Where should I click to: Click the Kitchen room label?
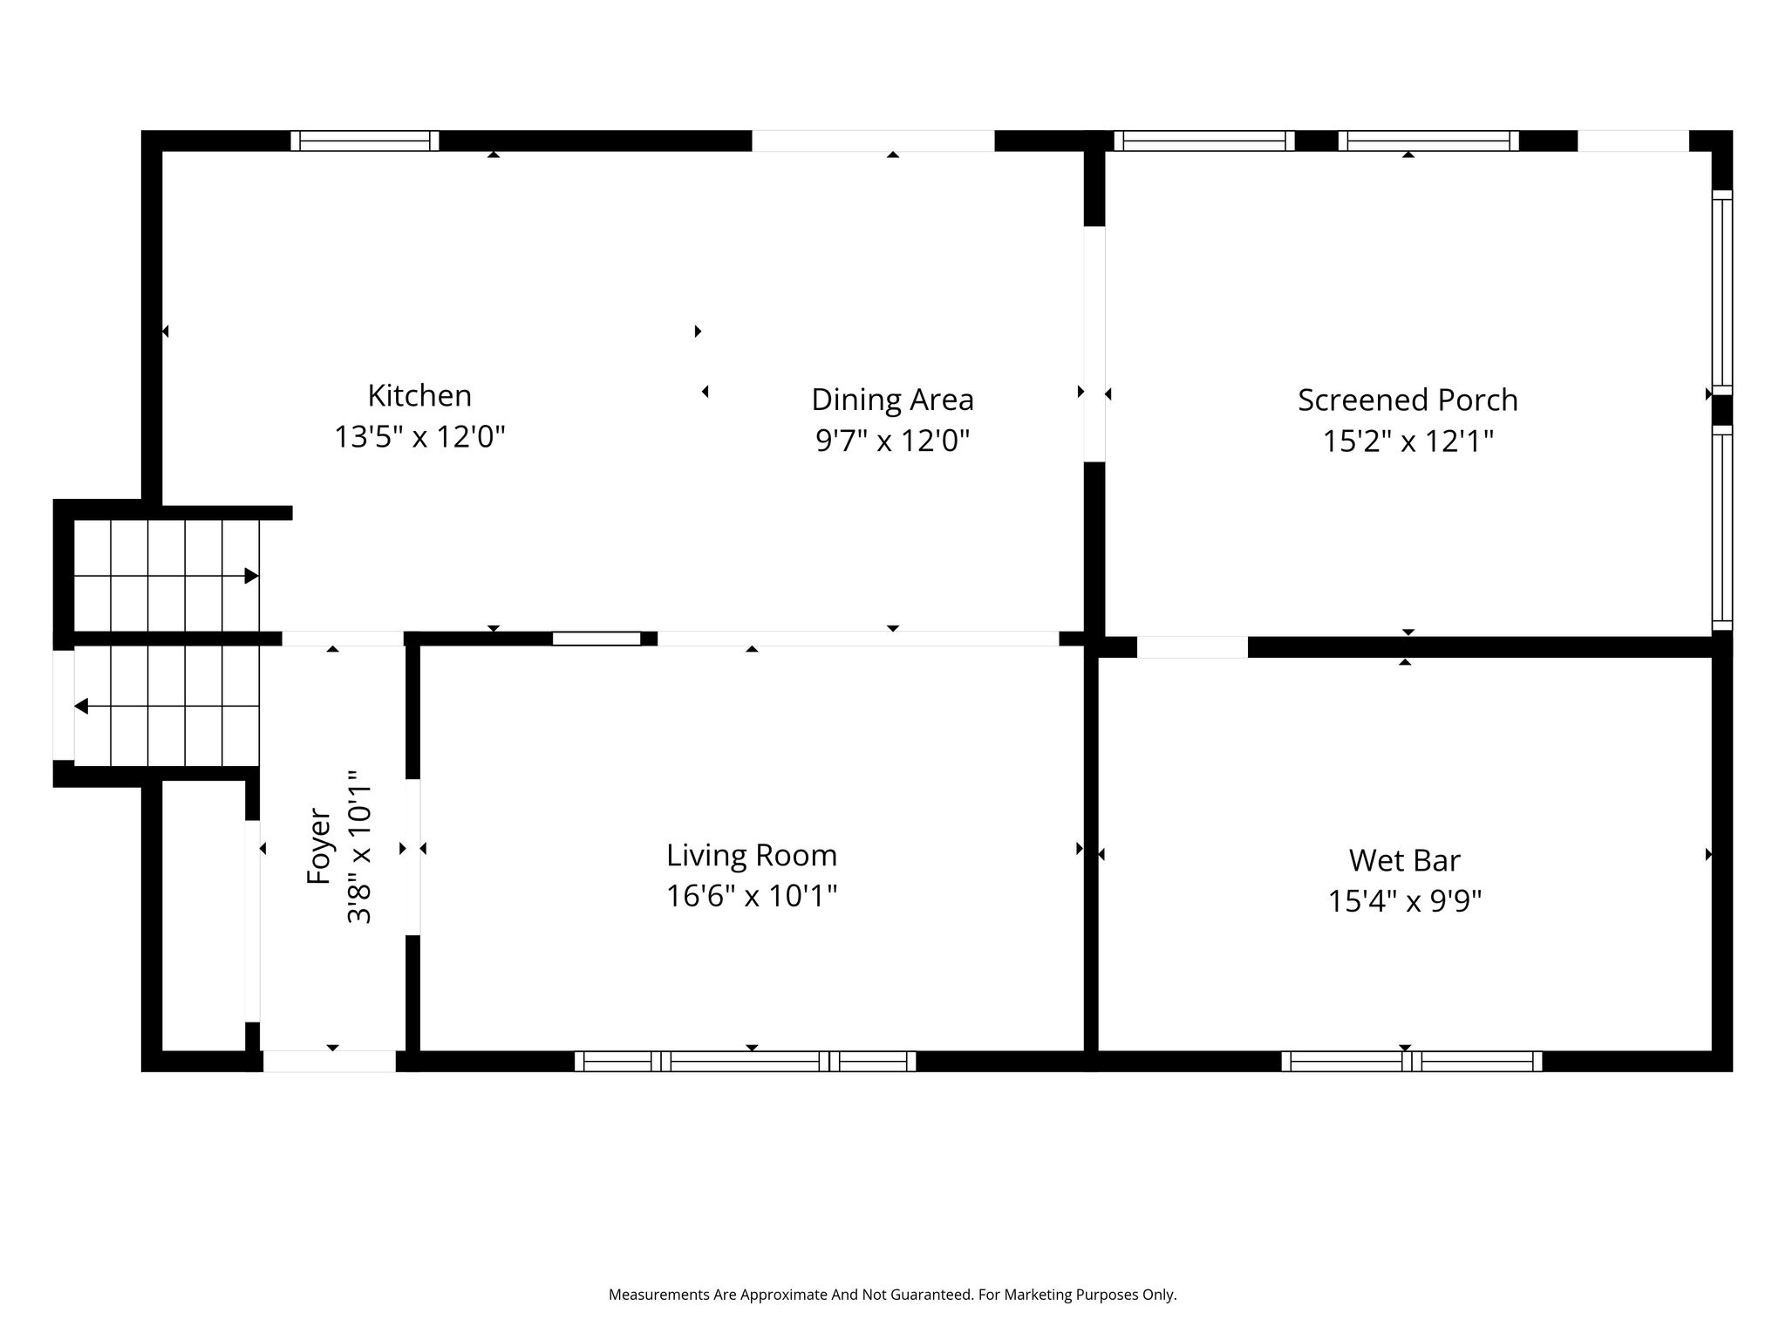coord(419,396)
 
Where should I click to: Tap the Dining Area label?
coord(892,400)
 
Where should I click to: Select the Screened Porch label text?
coord(1408,400)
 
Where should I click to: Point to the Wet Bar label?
coord(1404,860)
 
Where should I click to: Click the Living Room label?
coord(752,855)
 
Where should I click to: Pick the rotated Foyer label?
coord(319,847)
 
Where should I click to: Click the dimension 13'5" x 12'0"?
coord(419,436)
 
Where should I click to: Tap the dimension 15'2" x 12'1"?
coord(1408,441)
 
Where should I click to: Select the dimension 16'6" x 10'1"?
coord(752,896)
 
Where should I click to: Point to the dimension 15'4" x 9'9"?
coord(1404,901)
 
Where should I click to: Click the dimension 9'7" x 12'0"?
coord(892,441)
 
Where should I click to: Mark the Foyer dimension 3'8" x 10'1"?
coord(359,847)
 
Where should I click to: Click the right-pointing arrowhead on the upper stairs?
coord(252,576)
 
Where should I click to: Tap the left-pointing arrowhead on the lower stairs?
coord(81,706)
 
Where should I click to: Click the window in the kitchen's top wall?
coord(365,140)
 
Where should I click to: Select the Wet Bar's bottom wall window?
coord(1411,1061)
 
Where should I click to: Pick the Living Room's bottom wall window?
coord(745,1061)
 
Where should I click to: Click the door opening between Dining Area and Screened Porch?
coord(1094,344)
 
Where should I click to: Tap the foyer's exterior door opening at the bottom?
coord(330,1061)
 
